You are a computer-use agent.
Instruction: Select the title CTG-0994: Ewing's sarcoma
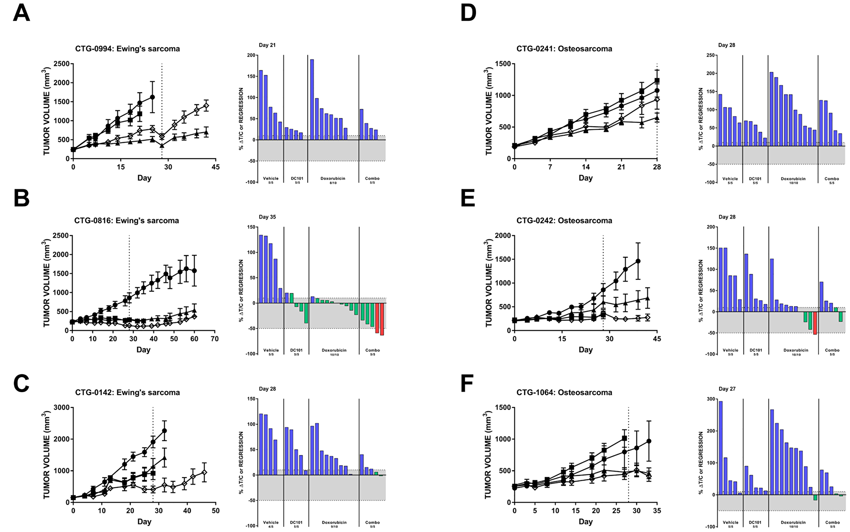coord(127,49)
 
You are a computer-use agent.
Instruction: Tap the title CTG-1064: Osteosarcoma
coord(564,393)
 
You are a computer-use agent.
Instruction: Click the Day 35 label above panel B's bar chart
coord(267,217)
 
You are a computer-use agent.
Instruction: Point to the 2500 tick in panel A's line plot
coord(62,64)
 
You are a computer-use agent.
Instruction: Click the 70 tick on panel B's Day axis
coord(215,339)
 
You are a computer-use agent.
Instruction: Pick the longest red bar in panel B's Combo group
coord(382,319)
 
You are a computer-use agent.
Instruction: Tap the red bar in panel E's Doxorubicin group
coord(815,323)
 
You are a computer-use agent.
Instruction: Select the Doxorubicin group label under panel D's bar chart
coord(793,179)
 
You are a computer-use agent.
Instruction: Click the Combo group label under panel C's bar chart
coord(372,522)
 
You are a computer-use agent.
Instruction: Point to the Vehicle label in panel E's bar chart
coord(731,350)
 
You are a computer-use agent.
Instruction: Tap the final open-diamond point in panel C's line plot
coord(204,472)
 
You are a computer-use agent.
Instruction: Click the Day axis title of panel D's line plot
coord(585,178)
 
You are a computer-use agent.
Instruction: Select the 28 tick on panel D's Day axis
coord(657,167)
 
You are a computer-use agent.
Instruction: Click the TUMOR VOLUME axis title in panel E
coord(489,283)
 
